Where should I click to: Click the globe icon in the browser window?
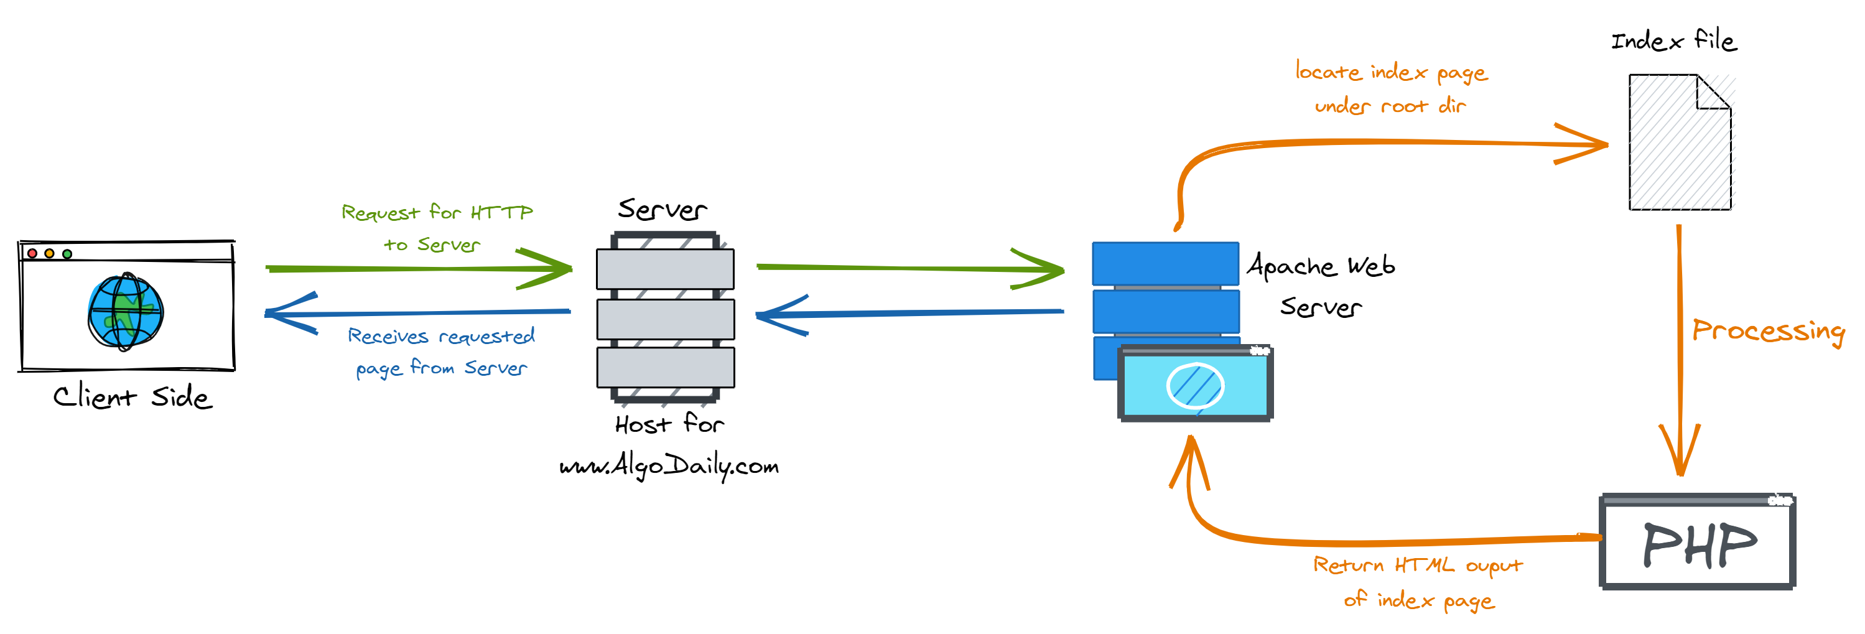pyautogui.click(x=125, y=312)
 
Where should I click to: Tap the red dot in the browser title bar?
pyautogui.click(x=32, y=253)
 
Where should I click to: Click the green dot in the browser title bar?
pyautogui.click(x=67, y=254)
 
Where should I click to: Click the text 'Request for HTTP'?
pyautogui.click(x=437, y=212)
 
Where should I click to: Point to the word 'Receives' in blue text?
pyautogui.click(x=388, y=337)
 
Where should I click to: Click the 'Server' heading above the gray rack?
pyautogui.click(x=662, y=210)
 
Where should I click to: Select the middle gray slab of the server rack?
pyautogui.click(x=666, y=319)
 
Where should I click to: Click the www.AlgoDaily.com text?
pyautogui.click(x=669, y=465)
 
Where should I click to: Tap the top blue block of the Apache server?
pyautogui.click(x=1165, y=263)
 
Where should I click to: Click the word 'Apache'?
pyautogui.click(x=1291, y=266)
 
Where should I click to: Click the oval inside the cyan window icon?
pyautogui.click(x=1194, y=385)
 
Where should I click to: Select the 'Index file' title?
pyautogui.click(x=1673, y=40)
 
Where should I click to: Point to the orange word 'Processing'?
pyautogui.click(x=1768, y=331)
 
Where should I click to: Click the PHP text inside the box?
pyautogui.click(x=1699, y=545)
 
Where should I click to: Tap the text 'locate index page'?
pyautogui.click(x=1391, y=72)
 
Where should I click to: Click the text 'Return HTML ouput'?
pyautogui.click(x=1418, y=564)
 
